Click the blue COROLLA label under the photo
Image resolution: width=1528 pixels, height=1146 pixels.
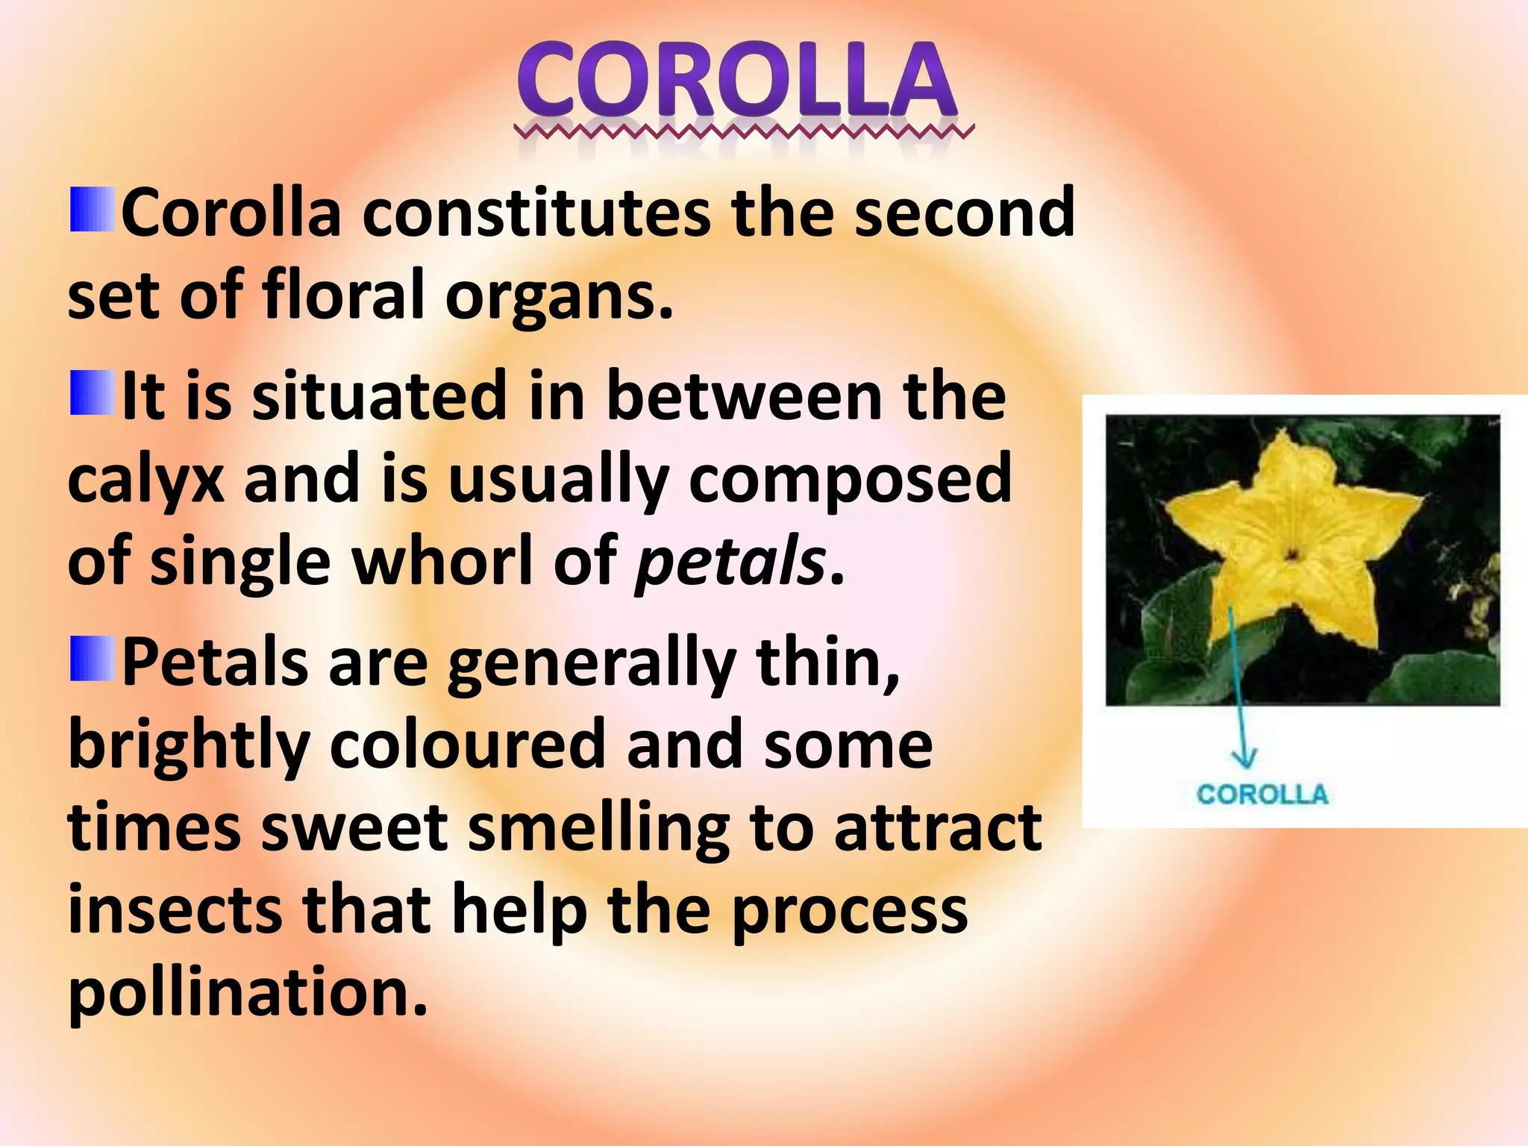[x=1262, y=794]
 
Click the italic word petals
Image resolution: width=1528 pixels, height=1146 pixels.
[x=730, y=561]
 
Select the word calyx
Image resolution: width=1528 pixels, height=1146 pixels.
[x=145, y=479]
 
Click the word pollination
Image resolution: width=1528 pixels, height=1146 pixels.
[x=248, y=992]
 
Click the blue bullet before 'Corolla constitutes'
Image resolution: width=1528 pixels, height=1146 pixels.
[x=93, y=210]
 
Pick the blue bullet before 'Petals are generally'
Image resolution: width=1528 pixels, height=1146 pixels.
[x=93, y=659]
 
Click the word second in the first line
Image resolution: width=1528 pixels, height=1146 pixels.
[x=964, y=213]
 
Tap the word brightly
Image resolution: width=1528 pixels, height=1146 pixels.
[x=189, y=745]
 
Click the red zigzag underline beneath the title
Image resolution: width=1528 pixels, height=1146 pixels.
[x=743, y=133]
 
